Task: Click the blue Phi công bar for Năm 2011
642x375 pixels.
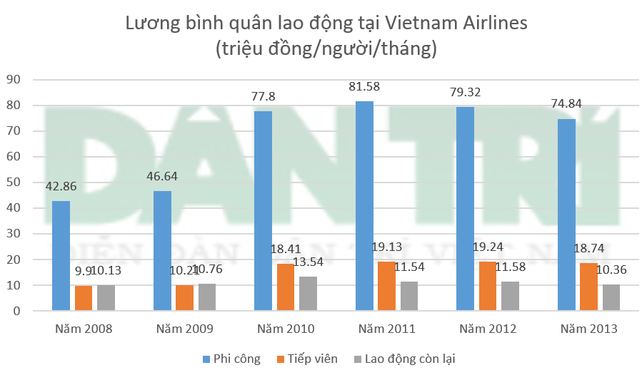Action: click(x=363, y=206)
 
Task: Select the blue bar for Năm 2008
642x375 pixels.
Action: click(x=61, y=256)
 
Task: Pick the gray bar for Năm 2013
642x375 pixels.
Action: click(x=611, y=297)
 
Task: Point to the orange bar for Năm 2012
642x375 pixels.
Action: click(x=488, y=286)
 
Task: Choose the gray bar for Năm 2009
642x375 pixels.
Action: click(x=206, y=297)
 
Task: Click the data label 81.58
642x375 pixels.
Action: click(x=363, y=88)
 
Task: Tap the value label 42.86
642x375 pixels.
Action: click(x=61, y=187)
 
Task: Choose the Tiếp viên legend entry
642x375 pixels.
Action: click(x=307, y=359)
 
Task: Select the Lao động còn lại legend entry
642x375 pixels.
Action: click(x=407, y=359)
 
